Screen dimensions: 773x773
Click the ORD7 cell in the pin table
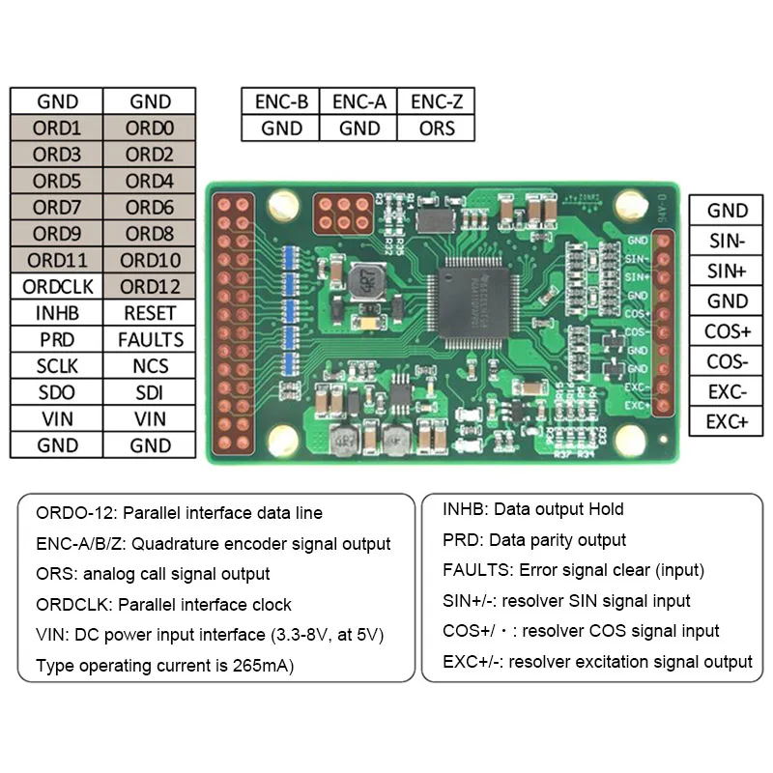tap(57, 207)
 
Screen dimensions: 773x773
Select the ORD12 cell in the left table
tap(150, 286)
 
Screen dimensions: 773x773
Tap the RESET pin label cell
tap(150, 313)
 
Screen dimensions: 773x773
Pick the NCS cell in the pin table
tap(150, 365)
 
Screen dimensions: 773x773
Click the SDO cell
tap(57, 392)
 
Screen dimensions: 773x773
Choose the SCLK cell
tap(57, 365)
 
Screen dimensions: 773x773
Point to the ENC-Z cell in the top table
tap(436, 101)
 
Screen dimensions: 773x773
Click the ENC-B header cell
tap(281, 101)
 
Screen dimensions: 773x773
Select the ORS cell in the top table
tap(436, 128)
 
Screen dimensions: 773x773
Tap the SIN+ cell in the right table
tap(727, 271)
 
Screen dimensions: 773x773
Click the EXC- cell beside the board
tap(727, 391)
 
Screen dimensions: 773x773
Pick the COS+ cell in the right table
tap(727, 331)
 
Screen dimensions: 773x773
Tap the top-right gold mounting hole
tap(630, 205)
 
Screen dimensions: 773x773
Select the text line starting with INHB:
tap(532, 509)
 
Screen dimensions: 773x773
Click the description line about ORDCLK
tap(163, 605)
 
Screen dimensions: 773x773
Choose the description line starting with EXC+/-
tap(596, 662)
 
